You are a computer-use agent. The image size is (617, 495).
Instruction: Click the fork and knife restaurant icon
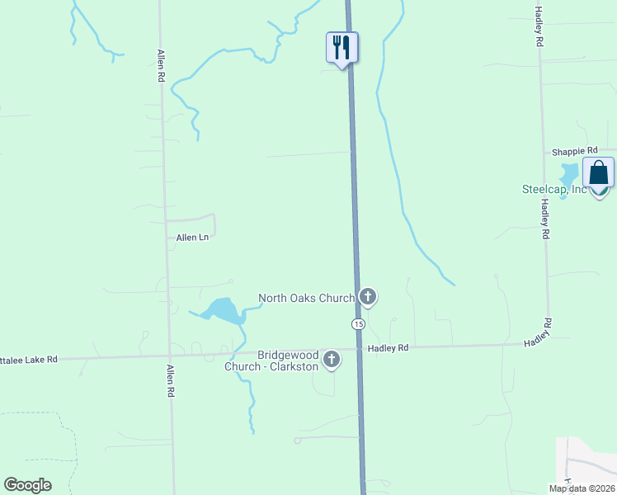point(342,47)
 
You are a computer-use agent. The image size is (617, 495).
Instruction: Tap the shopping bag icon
point(598,172)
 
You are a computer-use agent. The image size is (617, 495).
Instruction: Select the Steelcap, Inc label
point(553,189)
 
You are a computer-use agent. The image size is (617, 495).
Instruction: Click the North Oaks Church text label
point(306,298)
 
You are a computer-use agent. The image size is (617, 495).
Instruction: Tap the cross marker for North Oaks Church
point(368,296)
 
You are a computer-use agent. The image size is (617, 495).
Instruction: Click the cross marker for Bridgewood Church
point(332,359)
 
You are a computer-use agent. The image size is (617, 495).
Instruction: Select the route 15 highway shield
point(358,324)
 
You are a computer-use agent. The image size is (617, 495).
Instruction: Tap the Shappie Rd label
point(575,152)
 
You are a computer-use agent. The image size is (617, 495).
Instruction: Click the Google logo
point(27,485)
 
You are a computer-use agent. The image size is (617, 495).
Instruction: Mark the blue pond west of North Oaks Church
point(221,310)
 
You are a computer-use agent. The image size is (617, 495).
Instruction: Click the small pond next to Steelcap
point(568,175)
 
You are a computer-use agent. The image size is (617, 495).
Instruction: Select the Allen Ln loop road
point(213,223)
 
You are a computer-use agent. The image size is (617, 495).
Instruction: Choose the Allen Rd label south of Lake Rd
point(172,383)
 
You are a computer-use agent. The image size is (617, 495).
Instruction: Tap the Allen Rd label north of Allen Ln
point(161,65)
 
